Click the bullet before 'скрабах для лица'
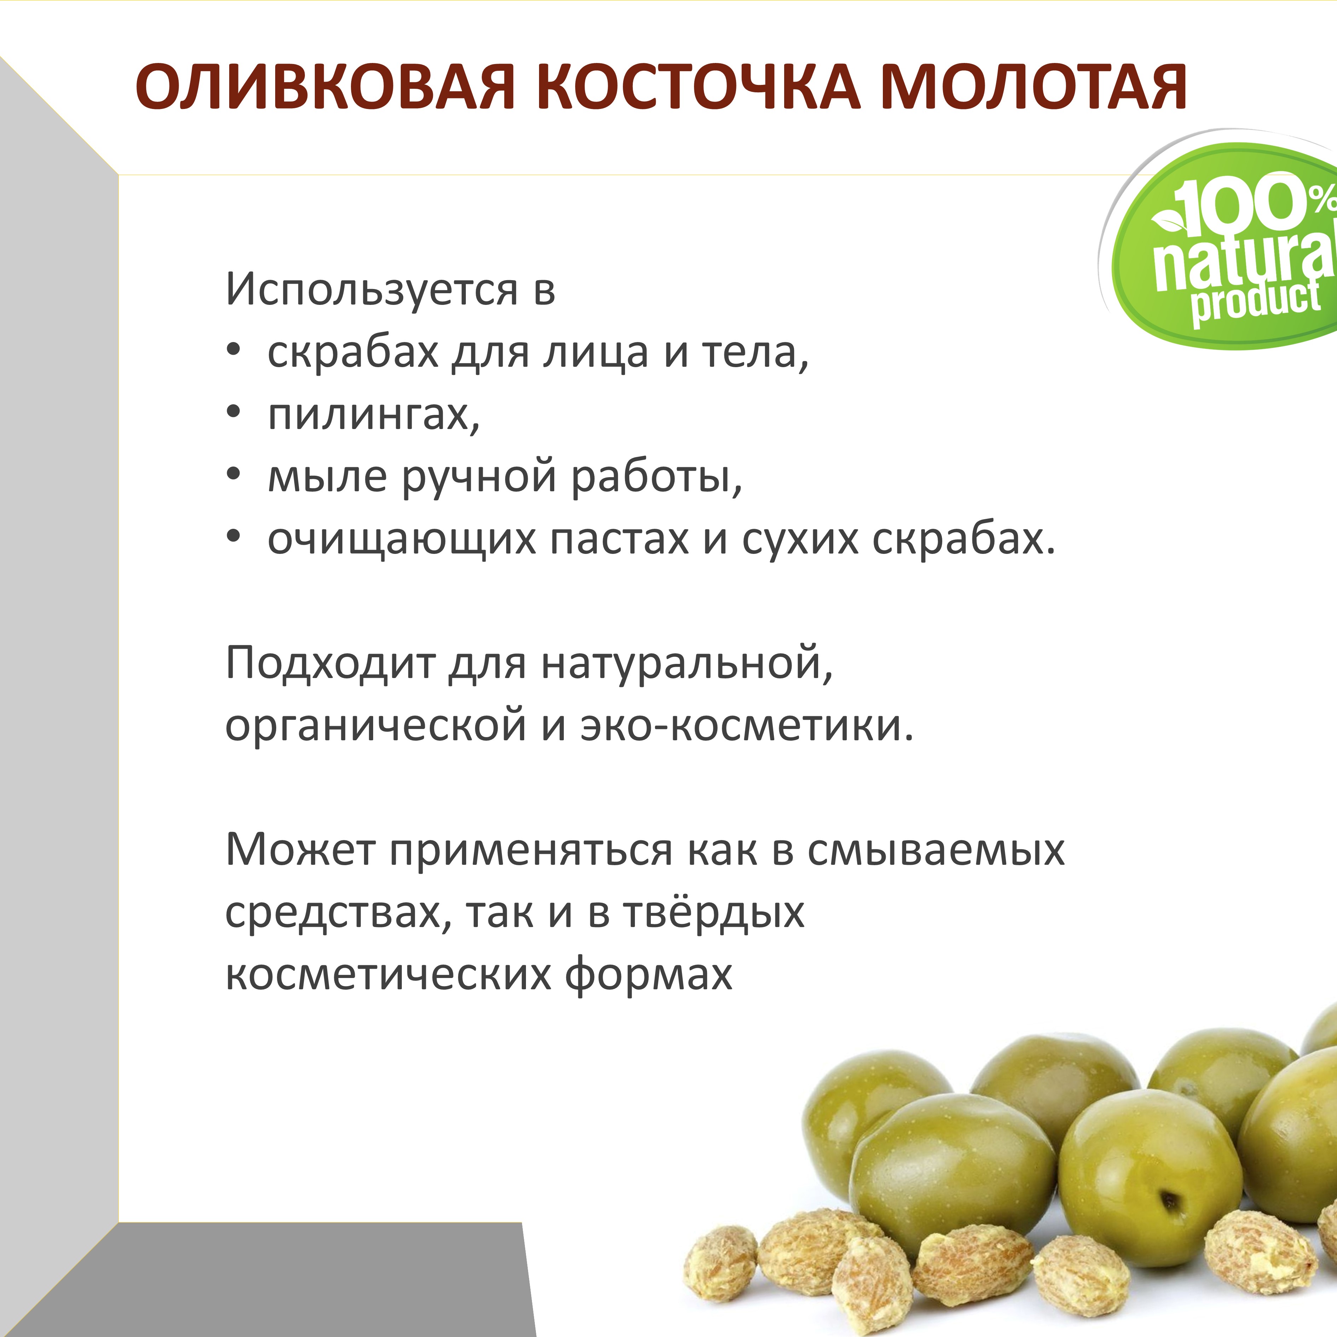pyautogui.click(x=234, y=351)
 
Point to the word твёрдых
pyautogui.click(x=714, y=912)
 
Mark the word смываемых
pyautogui.click(x=936, y=850)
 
